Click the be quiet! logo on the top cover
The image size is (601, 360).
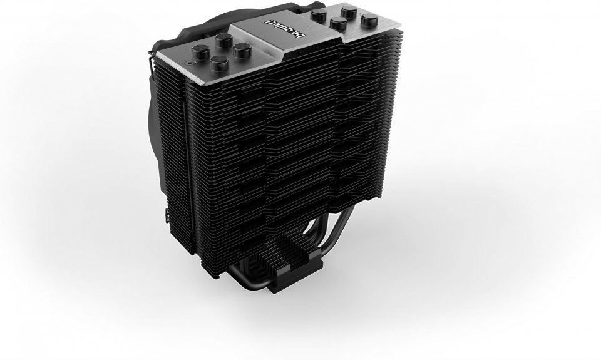pos(284,29)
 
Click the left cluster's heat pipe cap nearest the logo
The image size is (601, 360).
pos(243,50)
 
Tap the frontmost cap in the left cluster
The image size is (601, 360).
pos(220,63)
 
